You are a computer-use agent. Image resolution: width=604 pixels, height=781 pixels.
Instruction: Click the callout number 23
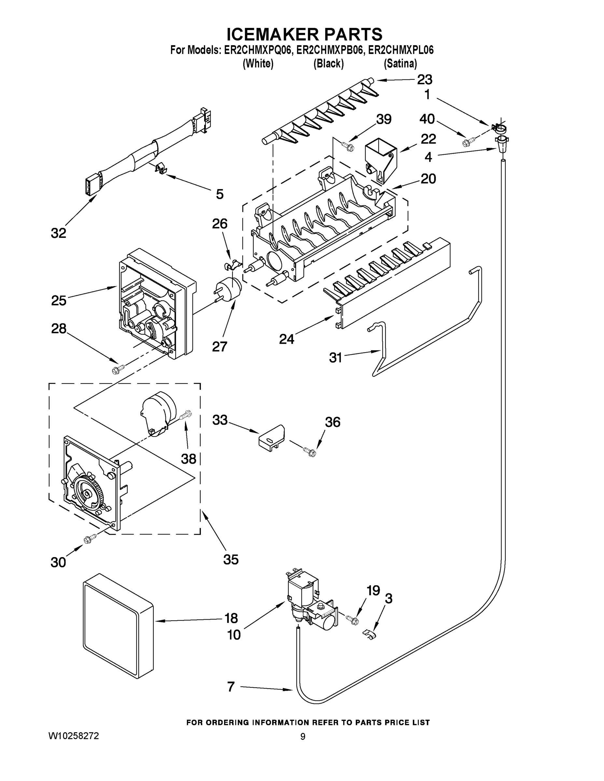424,79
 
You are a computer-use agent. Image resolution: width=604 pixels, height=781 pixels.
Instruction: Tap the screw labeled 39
348,145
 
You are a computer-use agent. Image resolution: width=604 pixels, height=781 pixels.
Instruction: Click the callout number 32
59,233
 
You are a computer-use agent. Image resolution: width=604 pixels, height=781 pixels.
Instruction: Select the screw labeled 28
118,369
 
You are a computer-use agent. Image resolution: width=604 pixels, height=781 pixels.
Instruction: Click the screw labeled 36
310,451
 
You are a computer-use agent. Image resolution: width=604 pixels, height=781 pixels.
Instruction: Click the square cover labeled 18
118,626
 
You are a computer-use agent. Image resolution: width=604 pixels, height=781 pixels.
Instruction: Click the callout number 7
231,686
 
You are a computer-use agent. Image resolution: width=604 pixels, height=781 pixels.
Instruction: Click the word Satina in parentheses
400,64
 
